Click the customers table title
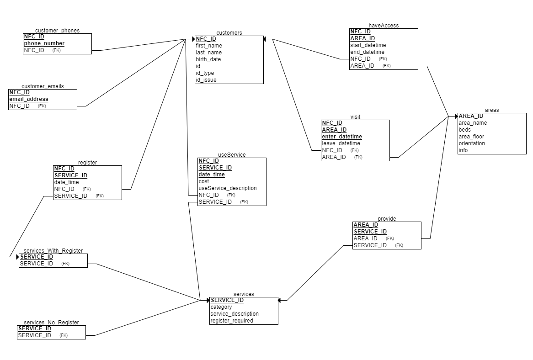229,32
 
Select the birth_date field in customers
208,59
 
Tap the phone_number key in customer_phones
44,43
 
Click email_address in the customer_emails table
29,99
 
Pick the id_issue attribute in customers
206,80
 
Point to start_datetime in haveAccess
368,45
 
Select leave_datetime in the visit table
341,143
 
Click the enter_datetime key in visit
342,137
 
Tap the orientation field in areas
472,143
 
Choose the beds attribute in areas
464,130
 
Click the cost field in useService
203,181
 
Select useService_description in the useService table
228,188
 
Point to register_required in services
232,321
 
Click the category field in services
221,307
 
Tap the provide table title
387,219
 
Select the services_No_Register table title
51,322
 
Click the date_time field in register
66,182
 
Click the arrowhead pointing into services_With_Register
17,257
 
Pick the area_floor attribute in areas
471,137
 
